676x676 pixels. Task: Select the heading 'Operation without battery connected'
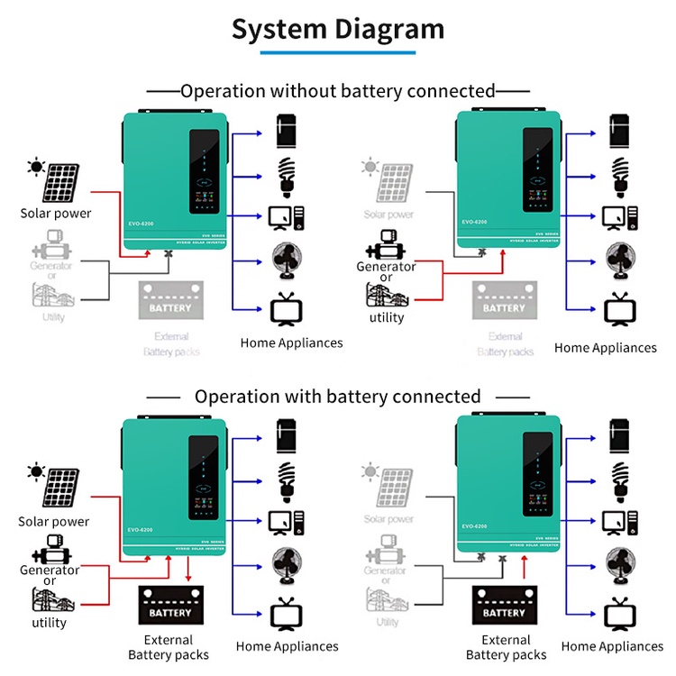click(x=338, y=91)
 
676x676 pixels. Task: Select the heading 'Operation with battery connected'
click(x=338, y=397)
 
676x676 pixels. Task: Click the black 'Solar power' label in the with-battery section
click(x=54, y=522)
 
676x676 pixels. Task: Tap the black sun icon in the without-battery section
click(x=36, y=167)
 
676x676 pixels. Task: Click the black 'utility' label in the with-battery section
click(x=50, y=623)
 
